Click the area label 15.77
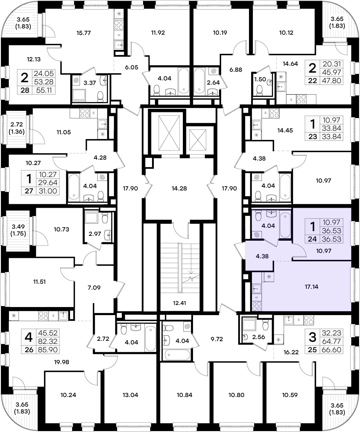[x=83, y=33]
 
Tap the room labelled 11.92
[x=158, y=33]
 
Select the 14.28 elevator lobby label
[x=179, y=188]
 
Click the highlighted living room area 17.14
[x=311, y=286]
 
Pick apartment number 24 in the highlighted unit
[x=312, y=239]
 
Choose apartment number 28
[x=25, y=90]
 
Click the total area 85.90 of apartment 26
[x=48, y=350]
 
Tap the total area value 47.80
[x=331, y=80]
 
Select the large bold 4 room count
[x=28, y=337]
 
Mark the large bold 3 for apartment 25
[x=312, y=337]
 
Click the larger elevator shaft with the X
[x=169, y=133]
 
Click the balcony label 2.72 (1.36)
[x=16, y=128]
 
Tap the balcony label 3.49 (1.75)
[x=18, y=230]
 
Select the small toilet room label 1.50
[x=260, y=79]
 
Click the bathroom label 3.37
[x=90, y=83]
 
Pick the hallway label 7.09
[x=94, y=288]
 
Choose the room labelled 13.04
[x=130, y=395]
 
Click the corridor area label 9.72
[x=217, y=339]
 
